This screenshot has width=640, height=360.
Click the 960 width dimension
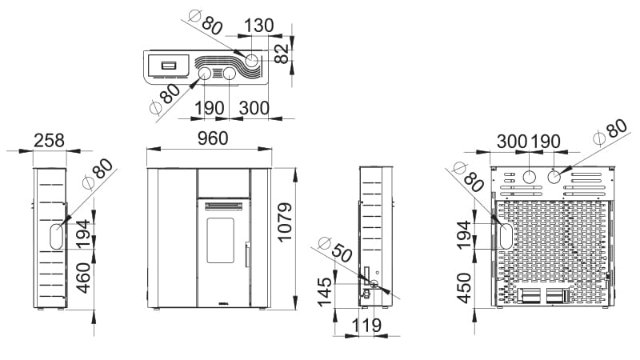212,138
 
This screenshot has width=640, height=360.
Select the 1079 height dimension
285,222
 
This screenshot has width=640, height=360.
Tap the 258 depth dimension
49,141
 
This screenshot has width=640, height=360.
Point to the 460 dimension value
83,278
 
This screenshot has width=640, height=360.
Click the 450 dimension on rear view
464,288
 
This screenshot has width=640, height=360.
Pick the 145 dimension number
325,292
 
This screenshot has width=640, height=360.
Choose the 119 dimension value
366,326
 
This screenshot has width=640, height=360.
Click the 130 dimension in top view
258,26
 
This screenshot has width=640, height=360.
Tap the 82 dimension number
282,54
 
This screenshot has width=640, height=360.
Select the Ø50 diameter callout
336,250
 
